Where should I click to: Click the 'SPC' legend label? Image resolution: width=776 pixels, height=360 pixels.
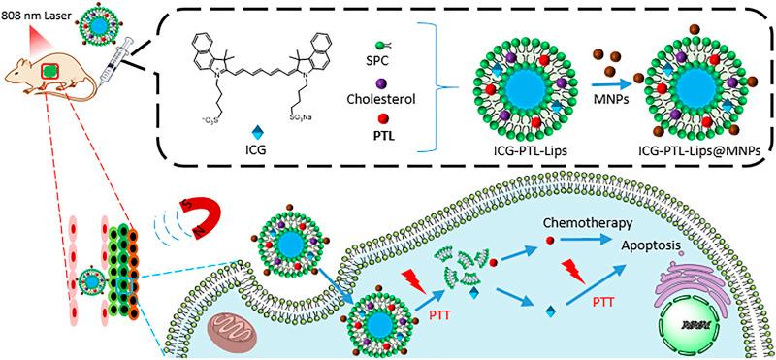click(385, 57)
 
